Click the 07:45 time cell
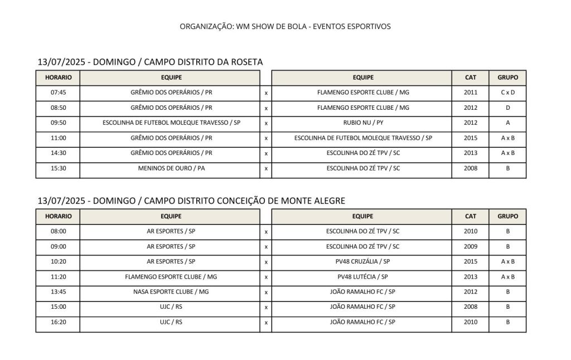tap(58, 93)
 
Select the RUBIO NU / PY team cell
tap(363, 123)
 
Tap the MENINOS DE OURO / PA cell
tap(171, 168)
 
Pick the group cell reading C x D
tap(507, 93)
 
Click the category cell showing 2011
tap(471, 93)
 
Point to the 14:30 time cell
tap(58, 153)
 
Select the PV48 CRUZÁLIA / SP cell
tap(363, 261)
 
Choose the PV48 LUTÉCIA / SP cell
tap(363, 276)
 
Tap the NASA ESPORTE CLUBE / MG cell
tap(171, 291)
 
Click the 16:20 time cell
tap(58, 322)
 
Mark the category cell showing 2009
tap(471, 246)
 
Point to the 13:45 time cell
tap(58, 291)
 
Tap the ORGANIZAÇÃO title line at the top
tap(285, 26)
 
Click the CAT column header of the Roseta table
tap(471, 77)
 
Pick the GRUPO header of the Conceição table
tap(507, 216)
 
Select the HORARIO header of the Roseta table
tap(58, 77)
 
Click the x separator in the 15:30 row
tap(266, 168)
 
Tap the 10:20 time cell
tap(58, 261)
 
